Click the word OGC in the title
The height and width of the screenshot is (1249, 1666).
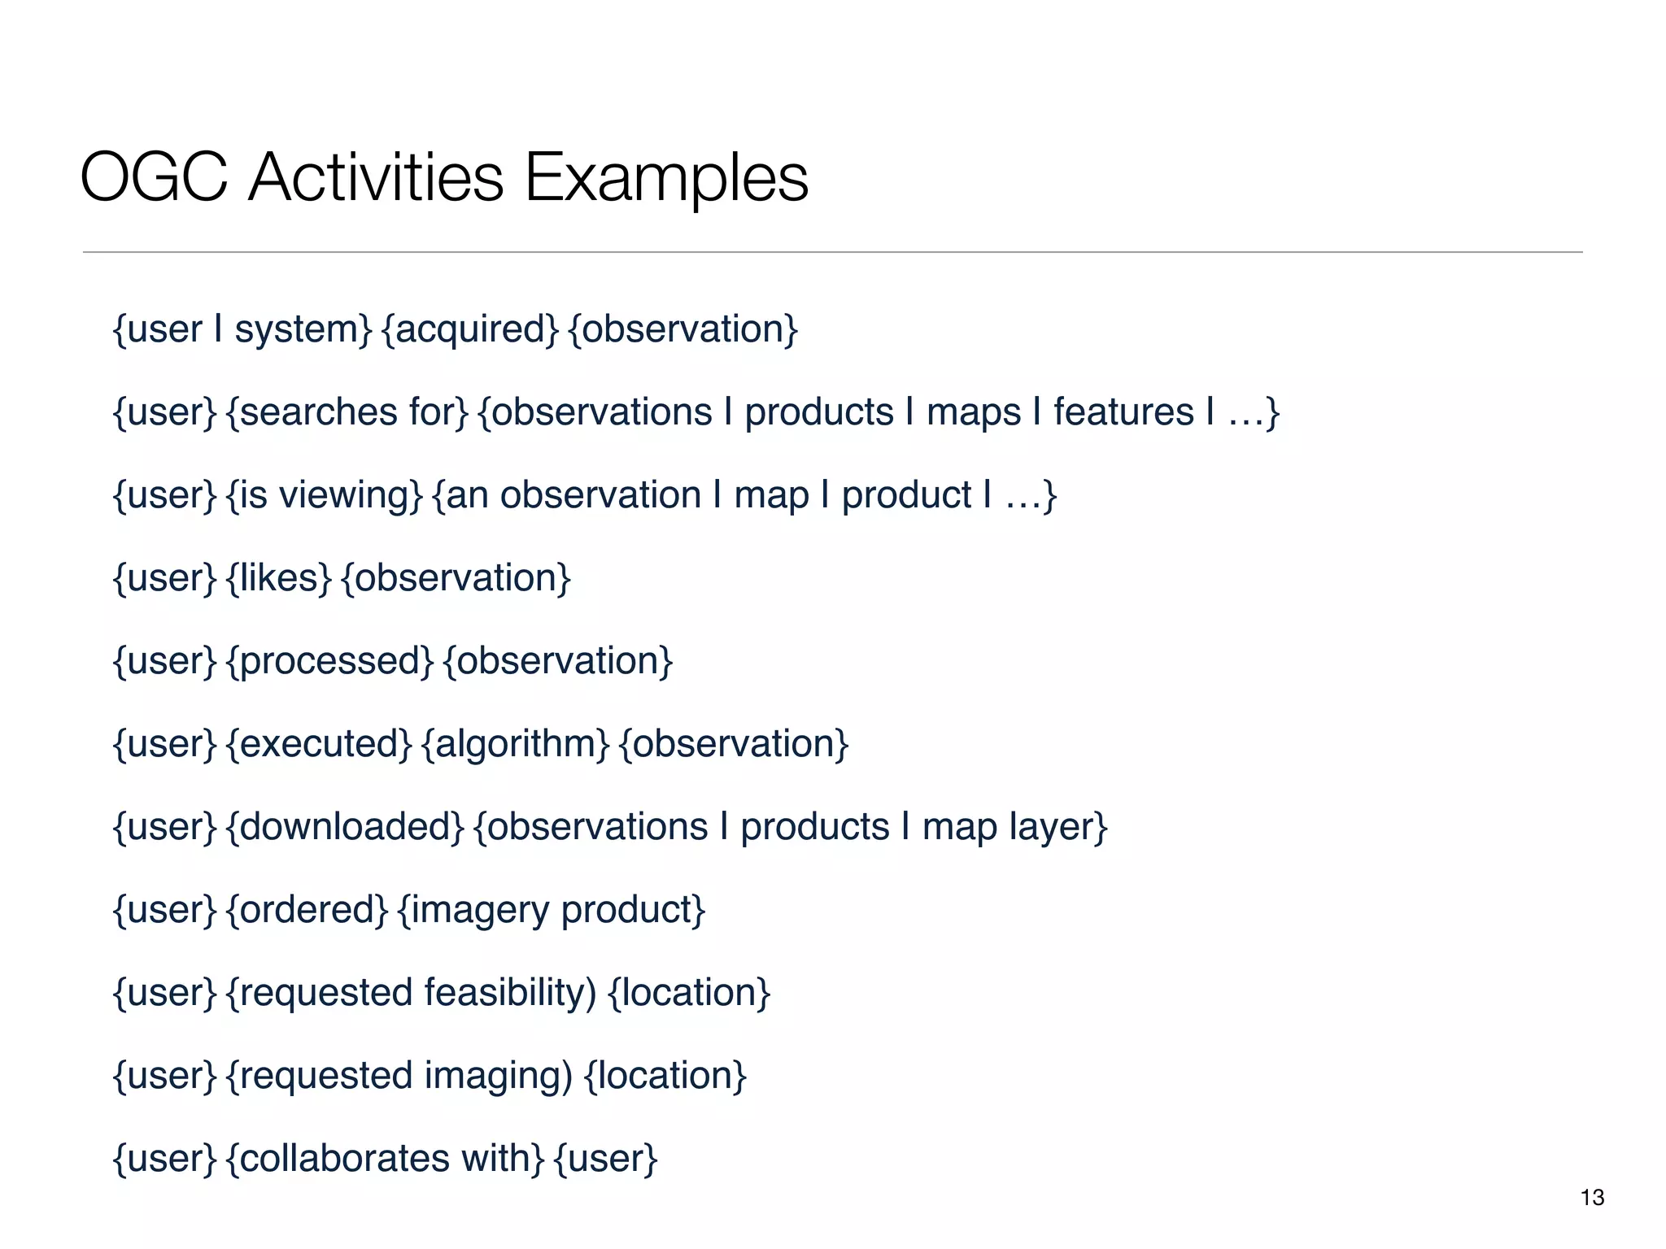click(x=154, y=177)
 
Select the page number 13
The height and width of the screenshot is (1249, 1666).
click(x=1592, y=1197)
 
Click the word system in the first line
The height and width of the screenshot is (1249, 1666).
click(x=302, y=330)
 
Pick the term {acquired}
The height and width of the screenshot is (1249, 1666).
click(x=470, y=330)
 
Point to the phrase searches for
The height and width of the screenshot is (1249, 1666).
click(x=348, y=413)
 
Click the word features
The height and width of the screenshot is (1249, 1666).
click(x=1123, y=411)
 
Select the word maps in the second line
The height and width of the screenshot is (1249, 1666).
click(x=973, y=413)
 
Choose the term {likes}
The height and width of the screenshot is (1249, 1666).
click(x=279, y=578)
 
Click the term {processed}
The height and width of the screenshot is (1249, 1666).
click(x=330, y=662)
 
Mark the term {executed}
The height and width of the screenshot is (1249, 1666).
click(x=320, y=744)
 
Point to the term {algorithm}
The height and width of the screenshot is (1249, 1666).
click(x=516, y=745)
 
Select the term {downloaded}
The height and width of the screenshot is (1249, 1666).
click(x=345, y=827)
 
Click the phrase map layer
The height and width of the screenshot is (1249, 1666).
click(x=1014, y=828)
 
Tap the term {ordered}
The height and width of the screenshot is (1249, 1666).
click(x=307, y=910)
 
